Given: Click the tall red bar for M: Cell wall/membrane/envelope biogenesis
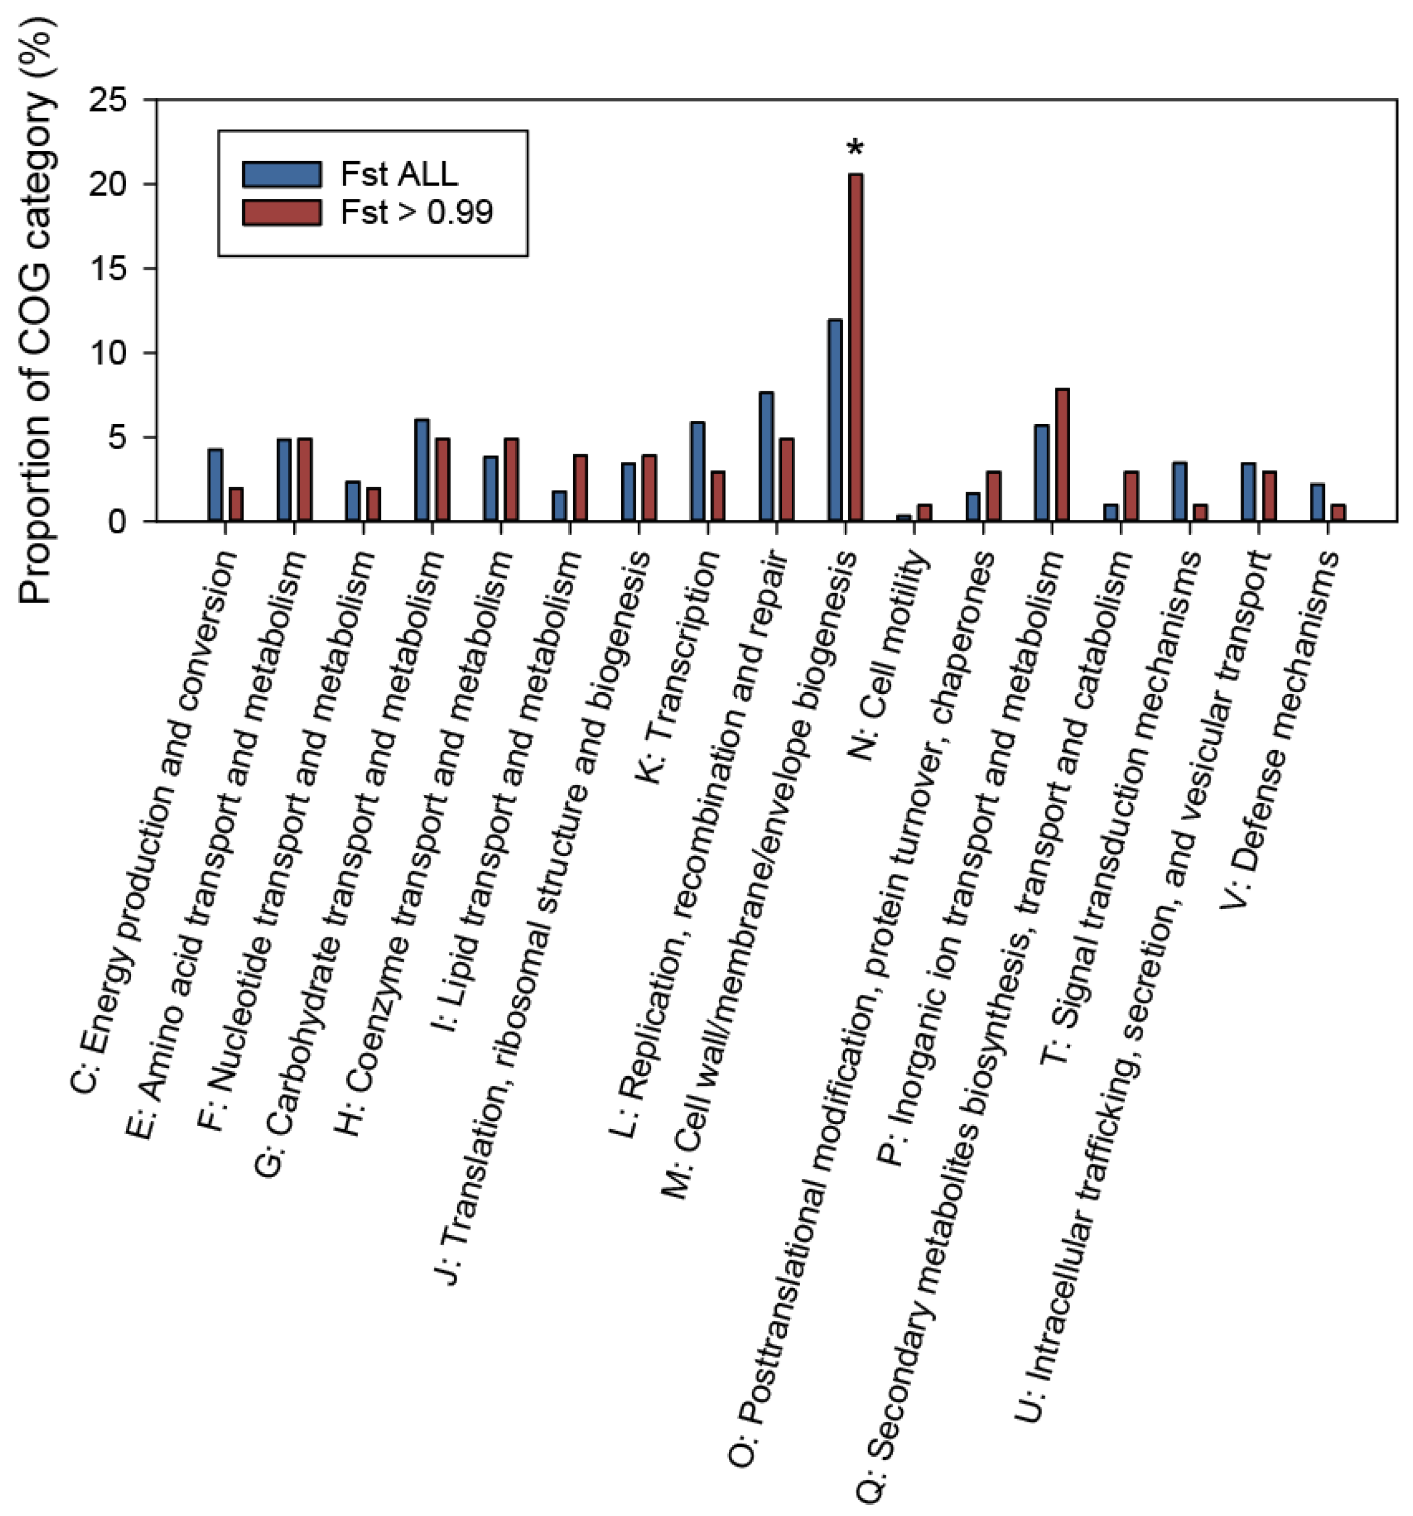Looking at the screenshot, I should click(x=855, y=347).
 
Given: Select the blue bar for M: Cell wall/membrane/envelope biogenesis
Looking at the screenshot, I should click(x=835, y=420).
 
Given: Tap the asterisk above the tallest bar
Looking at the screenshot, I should click(x=855, y=147).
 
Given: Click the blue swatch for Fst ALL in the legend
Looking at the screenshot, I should click(x=282, y=174).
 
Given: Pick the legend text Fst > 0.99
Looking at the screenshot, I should click(x=417, y=212).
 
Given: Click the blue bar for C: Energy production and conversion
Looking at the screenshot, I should click(x=215, y=485).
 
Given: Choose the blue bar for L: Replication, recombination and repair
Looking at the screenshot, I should click(x=766, y=457).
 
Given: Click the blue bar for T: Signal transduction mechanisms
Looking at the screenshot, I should click(x=1179, y=492).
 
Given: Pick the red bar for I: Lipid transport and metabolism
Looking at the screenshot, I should click(x=580, y=488).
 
